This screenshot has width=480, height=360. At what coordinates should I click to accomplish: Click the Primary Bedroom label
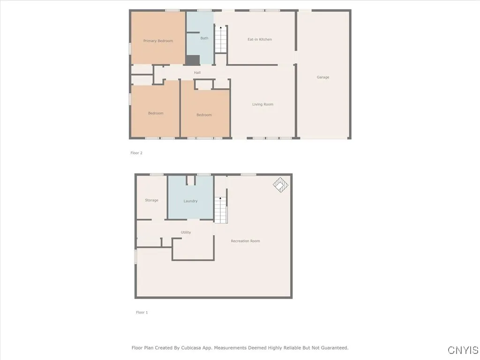coord(158,41)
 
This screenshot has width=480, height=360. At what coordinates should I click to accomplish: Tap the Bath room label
coord(204,38)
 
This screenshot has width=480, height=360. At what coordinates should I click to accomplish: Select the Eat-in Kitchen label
coord(260,39)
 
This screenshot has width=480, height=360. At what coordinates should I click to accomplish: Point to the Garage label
coord(323,77)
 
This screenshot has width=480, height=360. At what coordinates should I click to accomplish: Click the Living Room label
coord(262,105)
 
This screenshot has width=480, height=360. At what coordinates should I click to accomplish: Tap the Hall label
coord(197,73)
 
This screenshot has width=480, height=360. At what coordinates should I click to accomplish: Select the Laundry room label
coord(190,201)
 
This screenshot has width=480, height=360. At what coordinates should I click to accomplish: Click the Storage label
coord(151,200)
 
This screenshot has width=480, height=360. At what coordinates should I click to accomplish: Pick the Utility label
coord(186,232)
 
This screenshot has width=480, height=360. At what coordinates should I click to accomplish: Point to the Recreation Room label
coord(245,241)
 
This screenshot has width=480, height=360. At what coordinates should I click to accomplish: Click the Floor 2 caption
coord(136,153)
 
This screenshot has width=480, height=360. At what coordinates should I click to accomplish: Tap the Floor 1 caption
coord(142,312)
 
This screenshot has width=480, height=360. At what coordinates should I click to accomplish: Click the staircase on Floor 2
coord(221,40)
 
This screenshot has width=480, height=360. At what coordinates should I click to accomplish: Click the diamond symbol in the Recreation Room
coord(280,185)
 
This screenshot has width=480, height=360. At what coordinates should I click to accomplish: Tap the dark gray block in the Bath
coord(193,60)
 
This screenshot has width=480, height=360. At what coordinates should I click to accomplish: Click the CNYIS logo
coord(463,350)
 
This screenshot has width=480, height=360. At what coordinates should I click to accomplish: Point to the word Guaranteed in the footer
coord(333,348)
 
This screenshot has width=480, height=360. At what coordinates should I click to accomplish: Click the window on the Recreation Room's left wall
coord(135,256)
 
